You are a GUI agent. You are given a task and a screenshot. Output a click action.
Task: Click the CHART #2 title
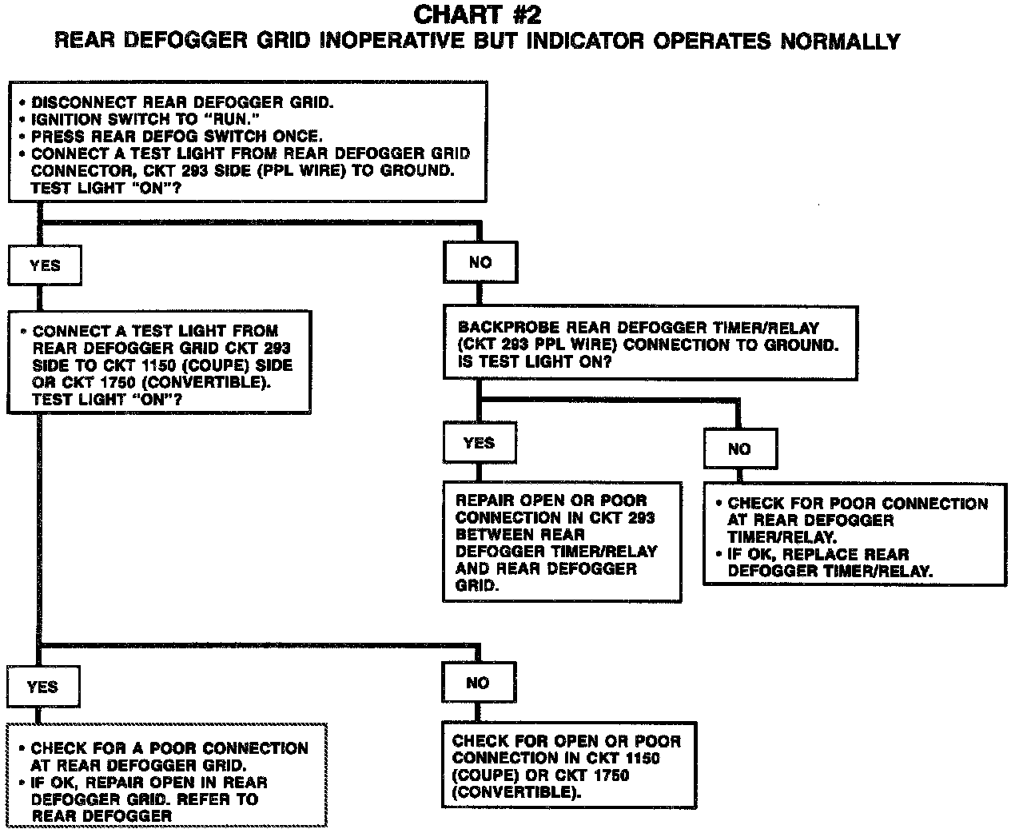pos(477,14)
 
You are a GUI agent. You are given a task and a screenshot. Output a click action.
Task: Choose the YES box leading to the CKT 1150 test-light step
pos(45,265)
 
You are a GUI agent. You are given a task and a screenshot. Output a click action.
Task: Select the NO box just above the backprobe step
pos(480,262)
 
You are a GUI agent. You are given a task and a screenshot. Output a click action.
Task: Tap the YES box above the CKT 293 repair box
pos(479,443)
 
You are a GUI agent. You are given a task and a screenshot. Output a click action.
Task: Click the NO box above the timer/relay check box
pos(739,449)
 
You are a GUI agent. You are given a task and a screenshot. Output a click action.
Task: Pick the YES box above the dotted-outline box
pos(42,687)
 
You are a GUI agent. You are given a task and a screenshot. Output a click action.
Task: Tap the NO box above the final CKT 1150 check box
pos(477,683)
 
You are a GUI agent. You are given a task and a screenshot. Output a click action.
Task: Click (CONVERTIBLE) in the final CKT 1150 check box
pos(515,793)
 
